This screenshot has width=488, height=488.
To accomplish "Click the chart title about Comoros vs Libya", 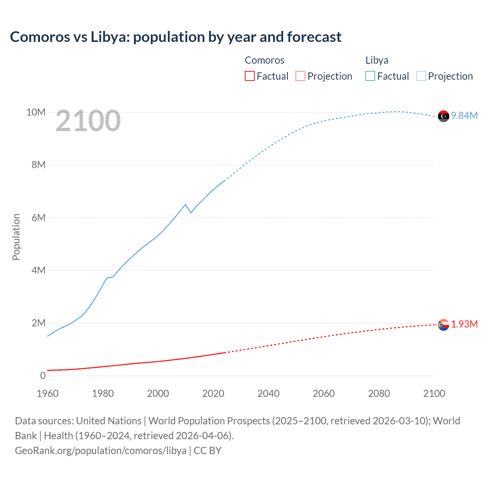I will pos(176,37).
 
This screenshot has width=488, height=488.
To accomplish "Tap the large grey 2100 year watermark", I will pos(88,121).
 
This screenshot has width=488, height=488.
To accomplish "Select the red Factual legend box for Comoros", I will pos(249,76).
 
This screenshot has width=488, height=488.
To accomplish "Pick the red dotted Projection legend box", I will pos(300,76).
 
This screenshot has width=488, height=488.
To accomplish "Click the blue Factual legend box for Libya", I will pos(370,76).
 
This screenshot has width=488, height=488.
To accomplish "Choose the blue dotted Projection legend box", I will pos(421,76).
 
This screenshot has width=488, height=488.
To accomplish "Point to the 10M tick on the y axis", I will pos(36,112).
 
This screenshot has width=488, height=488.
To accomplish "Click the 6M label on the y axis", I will pos(39,218).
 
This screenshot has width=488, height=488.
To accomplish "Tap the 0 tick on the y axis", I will pos(43,376).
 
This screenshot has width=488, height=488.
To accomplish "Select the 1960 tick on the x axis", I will pos(48,393).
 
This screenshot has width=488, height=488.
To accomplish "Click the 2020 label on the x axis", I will pos(213,393).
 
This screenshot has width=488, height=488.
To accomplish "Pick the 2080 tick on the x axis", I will pos(379,393).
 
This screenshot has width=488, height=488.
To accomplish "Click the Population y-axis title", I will pos(16,237).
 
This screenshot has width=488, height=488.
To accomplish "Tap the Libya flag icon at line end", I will pos(443,116).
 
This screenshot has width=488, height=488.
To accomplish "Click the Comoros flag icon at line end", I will pos(443,325).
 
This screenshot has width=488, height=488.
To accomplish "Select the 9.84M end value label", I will pos(464,116).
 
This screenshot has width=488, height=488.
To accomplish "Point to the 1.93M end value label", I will pos(464,324).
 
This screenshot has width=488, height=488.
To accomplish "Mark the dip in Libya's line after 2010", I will pos(191,212).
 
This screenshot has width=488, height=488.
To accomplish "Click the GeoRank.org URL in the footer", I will pos(101,450).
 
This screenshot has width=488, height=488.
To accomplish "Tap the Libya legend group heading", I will pos(377,60).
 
